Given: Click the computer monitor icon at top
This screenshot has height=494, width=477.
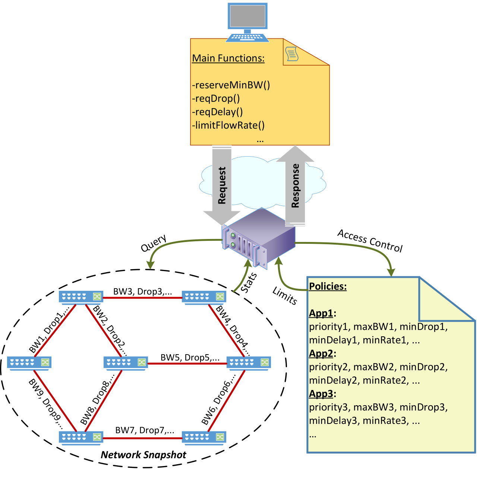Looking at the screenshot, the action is (x=247, y=22).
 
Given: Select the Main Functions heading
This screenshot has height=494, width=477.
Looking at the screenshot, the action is (x=228, y=58).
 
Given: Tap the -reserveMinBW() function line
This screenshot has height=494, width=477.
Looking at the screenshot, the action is (x=231, y=85).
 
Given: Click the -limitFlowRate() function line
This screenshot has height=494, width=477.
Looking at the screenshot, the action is (x=228, y=125).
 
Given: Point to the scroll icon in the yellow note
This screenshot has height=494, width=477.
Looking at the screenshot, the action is (x=292, y=54).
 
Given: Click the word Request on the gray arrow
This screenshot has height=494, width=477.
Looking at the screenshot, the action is (x=222, y=185).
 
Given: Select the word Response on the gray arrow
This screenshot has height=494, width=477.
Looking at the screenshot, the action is (x=295, y=186).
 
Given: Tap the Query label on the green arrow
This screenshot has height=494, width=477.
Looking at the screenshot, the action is (x=154, y=243).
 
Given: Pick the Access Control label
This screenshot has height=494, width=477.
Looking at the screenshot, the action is (x=370, y=240).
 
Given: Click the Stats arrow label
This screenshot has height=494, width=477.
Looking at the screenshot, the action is (x=249, y=283).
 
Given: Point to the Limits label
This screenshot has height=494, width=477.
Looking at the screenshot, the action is (x=285, y=296).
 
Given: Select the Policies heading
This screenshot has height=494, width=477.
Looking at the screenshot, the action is (x=328, y=286).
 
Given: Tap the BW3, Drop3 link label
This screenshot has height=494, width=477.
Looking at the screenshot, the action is (x=143, y=292).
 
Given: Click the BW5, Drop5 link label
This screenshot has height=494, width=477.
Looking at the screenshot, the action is (x=190, y=358).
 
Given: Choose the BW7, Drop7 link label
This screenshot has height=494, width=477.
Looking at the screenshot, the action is (x=145, y=430).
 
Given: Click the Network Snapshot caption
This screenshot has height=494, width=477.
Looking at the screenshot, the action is (x=143, y=454).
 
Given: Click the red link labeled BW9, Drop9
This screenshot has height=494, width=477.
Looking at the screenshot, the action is (x=55, y=400).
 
